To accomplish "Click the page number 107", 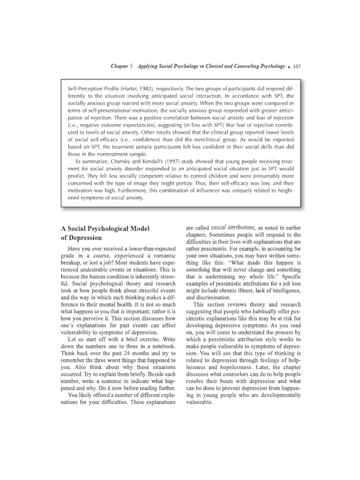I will pos(296,67).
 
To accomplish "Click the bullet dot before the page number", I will pos(289,67).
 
